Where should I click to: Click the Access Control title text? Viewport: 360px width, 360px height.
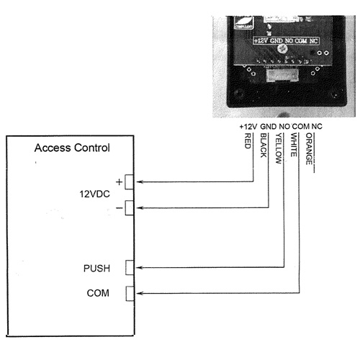point(72,148)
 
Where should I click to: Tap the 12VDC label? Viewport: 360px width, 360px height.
point(94,194)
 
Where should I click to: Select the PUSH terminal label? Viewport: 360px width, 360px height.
point(96,268)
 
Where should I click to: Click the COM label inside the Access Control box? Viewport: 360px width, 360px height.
point(98,293)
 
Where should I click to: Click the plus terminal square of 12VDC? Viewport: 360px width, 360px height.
point(130,182)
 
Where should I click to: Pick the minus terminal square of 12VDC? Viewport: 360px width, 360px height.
point(130,208)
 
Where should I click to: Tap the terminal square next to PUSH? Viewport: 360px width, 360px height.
point(130,267)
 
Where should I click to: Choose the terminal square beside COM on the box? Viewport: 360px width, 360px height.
point(130,293)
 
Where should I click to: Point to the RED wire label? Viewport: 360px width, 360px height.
point(248,141)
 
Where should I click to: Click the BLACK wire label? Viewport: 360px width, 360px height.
point(264,145)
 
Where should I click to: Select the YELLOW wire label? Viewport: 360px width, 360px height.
point(279,148)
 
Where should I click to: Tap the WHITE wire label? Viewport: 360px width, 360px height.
point(294,145)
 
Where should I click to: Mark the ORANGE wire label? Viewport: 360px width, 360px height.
point(309,149)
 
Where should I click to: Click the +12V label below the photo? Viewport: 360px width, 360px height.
point(248,127)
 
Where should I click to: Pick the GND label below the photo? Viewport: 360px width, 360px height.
point(269,127)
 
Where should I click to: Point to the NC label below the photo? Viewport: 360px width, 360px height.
point(317,126)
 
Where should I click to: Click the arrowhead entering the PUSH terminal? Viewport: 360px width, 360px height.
point(140,267)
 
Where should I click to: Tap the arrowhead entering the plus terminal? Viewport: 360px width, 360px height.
point(140,182)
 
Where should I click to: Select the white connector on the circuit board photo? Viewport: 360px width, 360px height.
point(282,74)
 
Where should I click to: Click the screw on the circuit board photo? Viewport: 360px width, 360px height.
point(282,49)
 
